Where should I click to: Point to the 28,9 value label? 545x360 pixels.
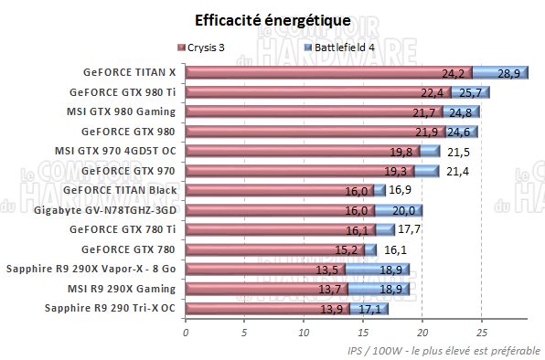(x=508, y=72)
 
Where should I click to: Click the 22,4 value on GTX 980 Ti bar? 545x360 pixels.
(x=433, y=92)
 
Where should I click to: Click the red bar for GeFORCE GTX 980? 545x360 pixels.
(x=302, y=132)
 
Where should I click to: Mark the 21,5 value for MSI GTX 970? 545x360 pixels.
(x=457, y=152)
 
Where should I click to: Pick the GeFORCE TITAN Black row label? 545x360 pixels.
(x=121, y=190)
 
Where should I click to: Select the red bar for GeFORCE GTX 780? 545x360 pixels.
(x=274, y=249)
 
